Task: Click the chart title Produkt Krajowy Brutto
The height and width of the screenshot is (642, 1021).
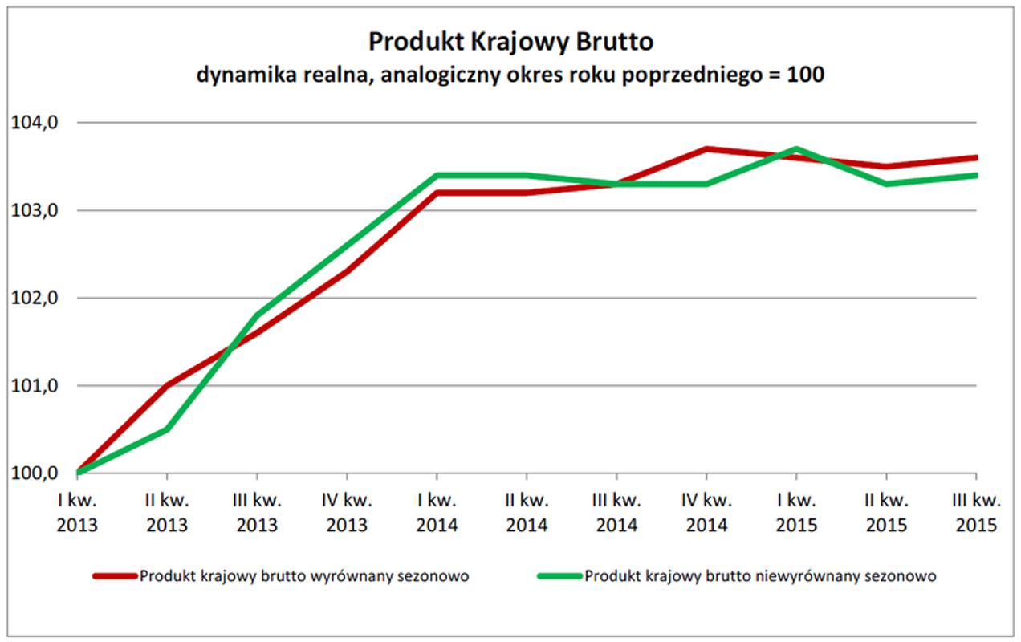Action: [510, 42]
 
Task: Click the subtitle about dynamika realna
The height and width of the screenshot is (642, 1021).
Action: [510, 75]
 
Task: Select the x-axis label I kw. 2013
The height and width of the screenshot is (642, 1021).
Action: [77, 514]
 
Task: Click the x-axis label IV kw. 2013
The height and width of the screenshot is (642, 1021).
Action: [346, 514]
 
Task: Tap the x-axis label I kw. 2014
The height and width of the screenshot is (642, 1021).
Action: [436, 514]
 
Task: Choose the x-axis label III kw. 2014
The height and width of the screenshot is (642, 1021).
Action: [616, 514]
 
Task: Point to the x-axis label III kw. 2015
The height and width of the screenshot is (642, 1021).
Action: [975, 514]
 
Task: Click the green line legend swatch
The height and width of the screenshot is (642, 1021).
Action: [559, 576]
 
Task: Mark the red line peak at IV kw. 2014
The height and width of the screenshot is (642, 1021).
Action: [706, 149]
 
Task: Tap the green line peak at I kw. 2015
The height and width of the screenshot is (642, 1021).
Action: [795, 149]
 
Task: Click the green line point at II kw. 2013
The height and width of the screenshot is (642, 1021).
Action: [166, 429]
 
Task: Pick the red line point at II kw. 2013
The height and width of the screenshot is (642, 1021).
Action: [166, 386]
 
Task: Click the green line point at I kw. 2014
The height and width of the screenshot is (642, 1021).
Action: [436, 175]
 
